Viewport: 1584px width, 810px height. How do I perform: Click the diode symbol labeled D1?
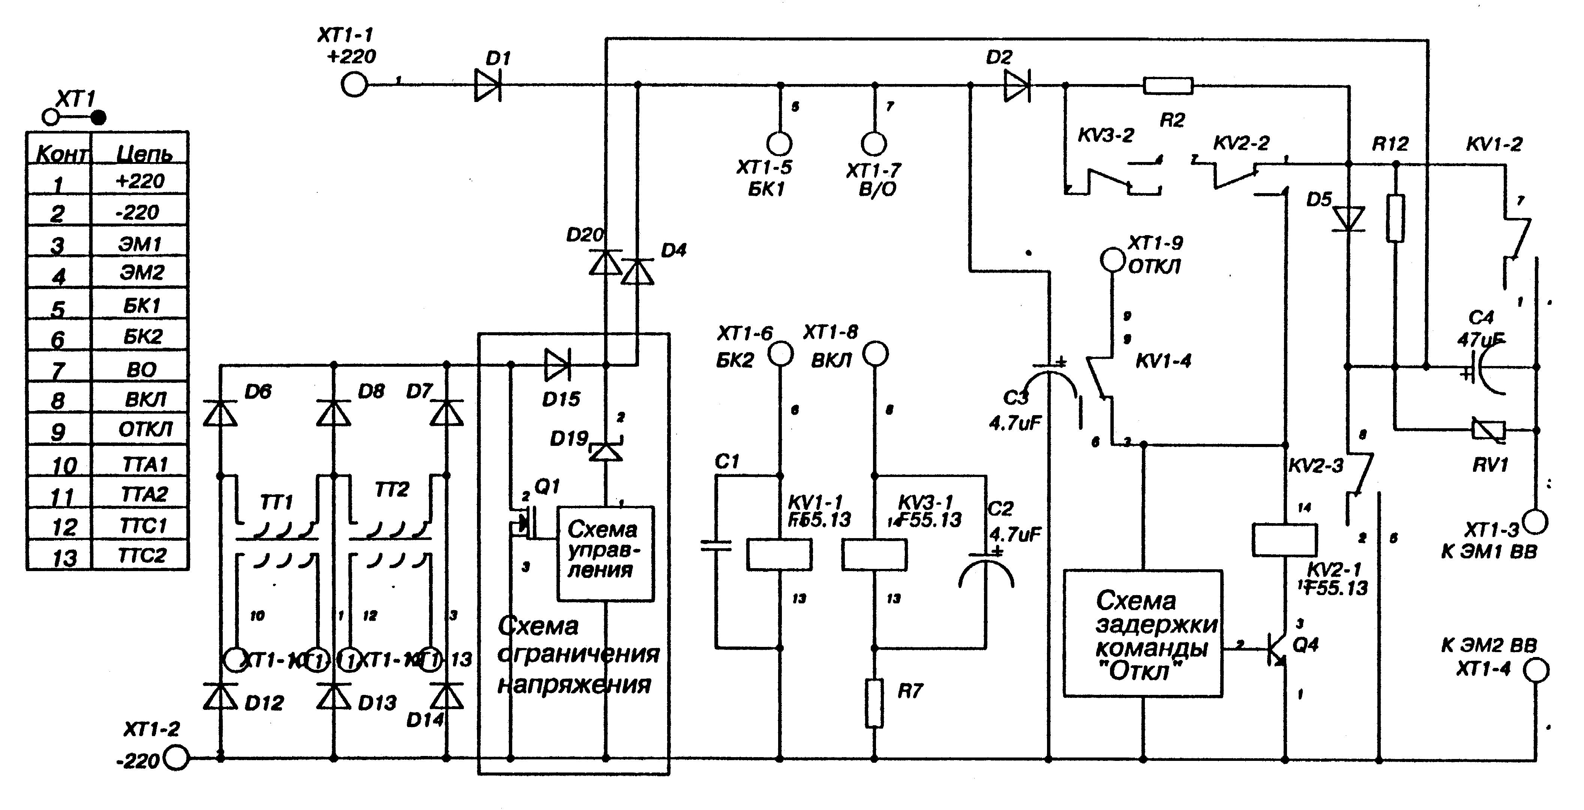coord(487,85)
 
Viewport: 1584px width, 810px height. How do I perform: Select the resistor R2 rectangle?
coord(1168,85)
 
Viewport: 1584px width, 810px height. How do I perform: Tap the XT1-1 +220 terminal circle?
coord(354,84)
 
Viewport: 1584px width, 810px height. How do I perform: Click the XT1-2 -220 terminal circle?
coord(177,758)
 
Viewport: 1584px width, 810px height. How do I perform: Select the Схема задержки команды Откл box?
coord(1143,633)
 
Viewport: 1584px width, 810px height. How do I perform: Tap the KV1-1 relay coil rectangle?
coord(779,554)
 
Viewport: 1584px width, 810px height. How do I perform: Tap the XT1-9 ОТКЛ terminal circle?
coord(1112,259)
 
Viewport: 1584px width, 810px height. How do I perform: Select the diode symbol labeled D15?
coord(557,365)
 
